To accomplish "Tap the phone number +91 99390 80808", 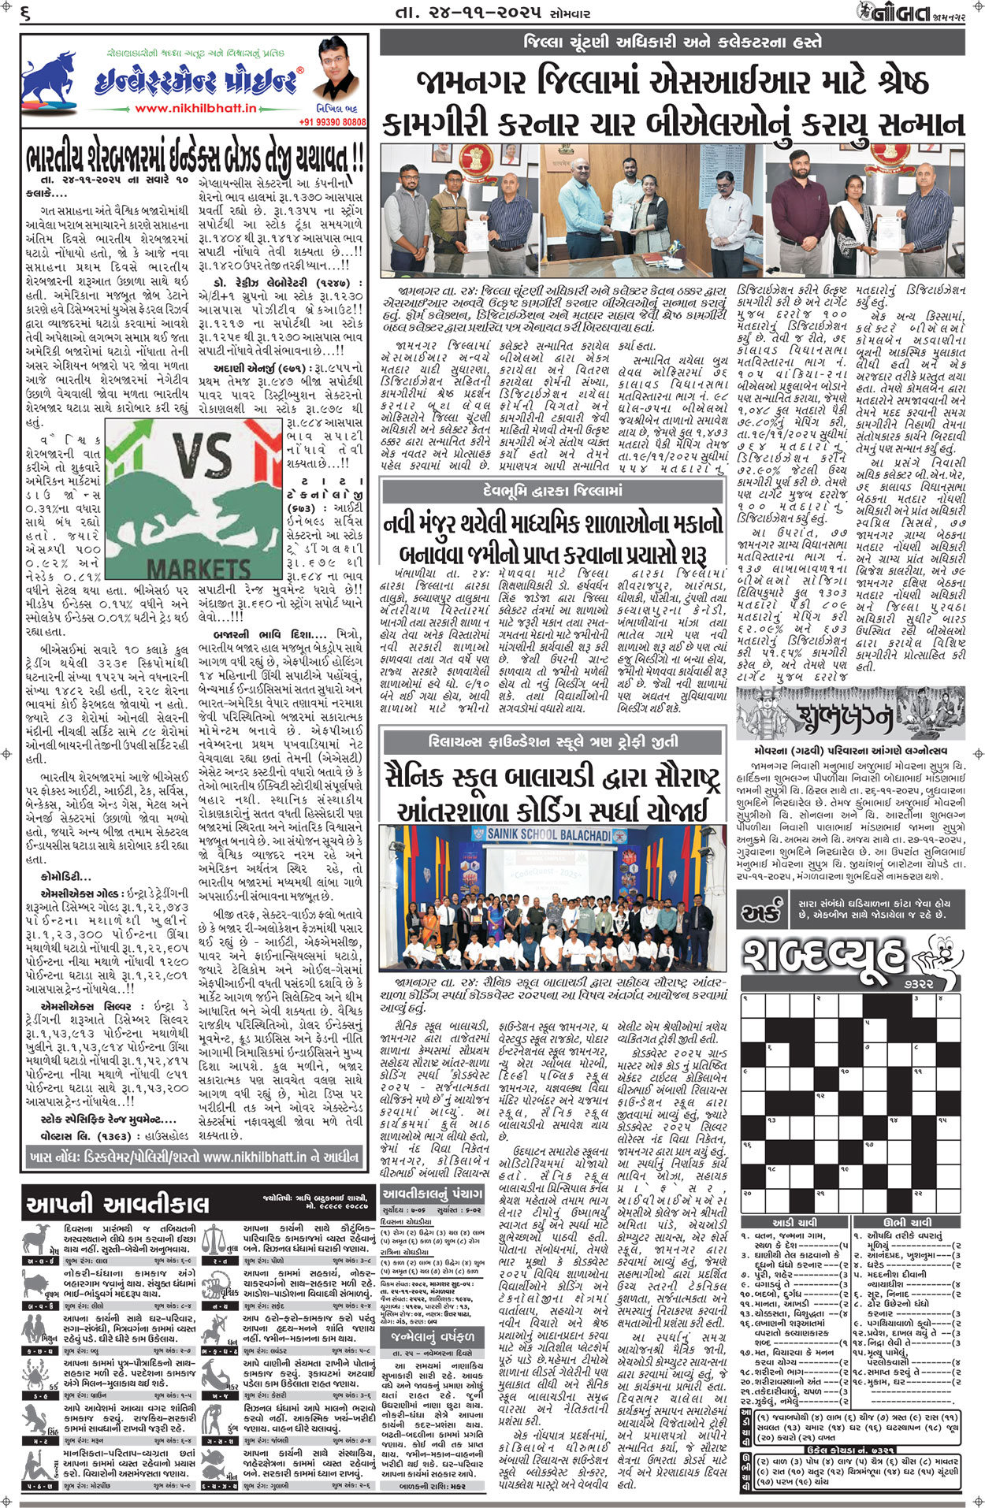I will click(x=333, y=122).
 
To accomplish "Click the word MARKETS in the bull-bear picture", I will click(x=199, y=567).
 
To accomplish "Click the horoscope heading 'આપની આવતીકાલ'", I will click(x=118, y=1204).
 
